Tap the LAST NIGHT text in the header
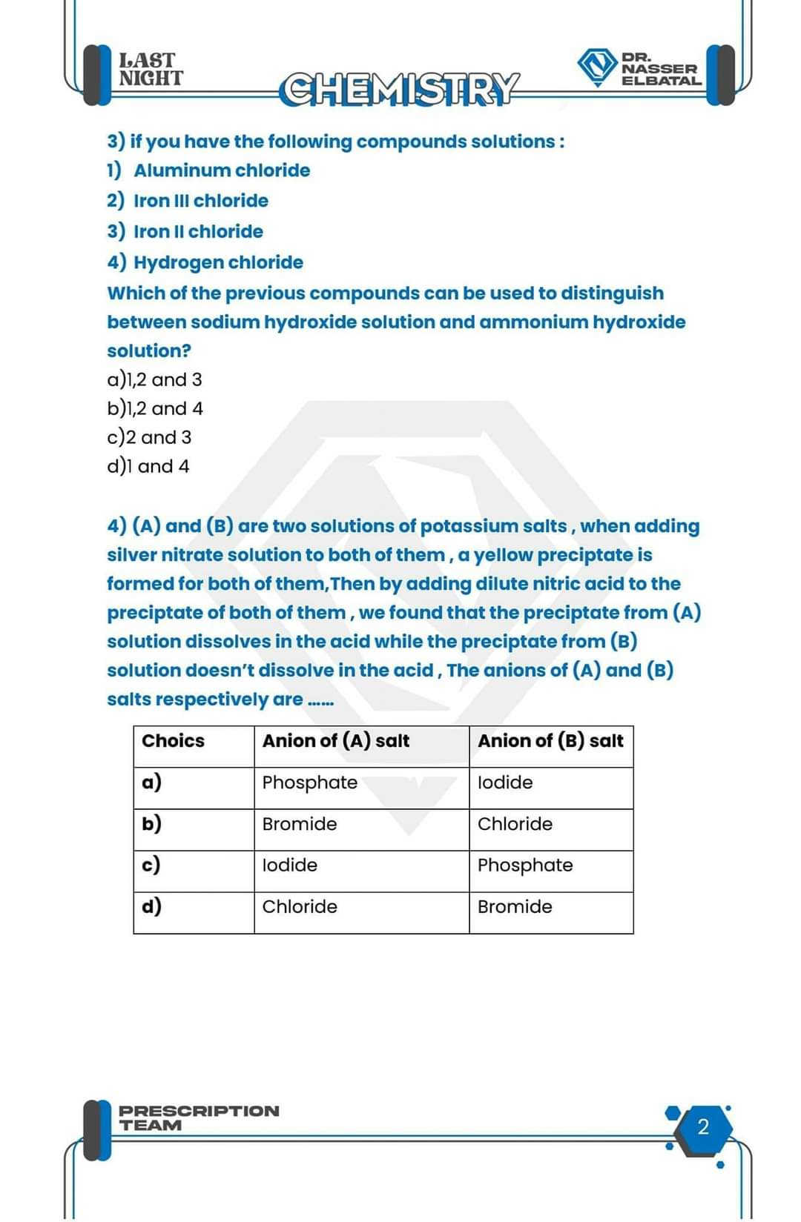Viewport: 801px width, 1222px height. click(x=151, y=69)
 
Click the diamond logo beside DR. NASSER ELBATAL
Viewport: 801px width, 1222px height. click(x=597, y=67)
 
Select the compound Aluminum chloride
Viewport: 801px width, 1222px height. click(x=222, y=170)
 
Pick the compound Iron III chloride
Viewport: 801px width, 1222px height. click(x=201, y=201)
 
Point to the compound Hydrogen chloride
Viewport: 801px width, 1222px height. click(x=218, y=262)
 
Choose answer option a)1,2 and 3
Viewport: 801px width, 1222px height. click(x=154, y=379)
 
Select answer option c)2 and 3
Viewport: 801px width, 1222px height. click(x=149, y=437)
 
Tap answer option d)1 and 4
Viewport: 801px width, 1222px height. click(x=148, y=466)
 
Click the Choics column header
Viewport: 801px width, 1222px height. click(x=173, y=741)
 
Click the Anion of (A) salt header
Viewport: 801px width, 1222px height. click(x=335, y=741)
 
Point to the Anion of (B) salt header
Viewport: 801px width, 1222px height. click(x=550, y=741)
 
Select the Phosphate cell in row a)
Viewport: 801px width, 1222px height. click(x=310, y=783)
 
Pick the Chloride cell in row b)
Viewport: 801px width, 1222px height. click(x=515, y=824)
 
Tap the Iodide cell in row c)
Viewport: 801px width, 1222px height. click(x=290, y=865)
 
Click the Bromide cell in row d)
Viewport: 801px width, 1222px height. click(x=515, y=906)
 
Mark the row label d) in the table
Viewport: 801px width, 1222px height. click(x=151, y=906)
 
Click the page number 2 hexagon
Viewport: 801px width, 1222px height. click(x=703, y=1127)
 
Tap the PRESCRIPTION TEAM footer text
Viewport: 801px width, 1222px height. click(x=199, y=1118)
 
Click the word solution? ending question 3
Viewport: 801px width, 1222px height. click(x=149, y=351)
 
